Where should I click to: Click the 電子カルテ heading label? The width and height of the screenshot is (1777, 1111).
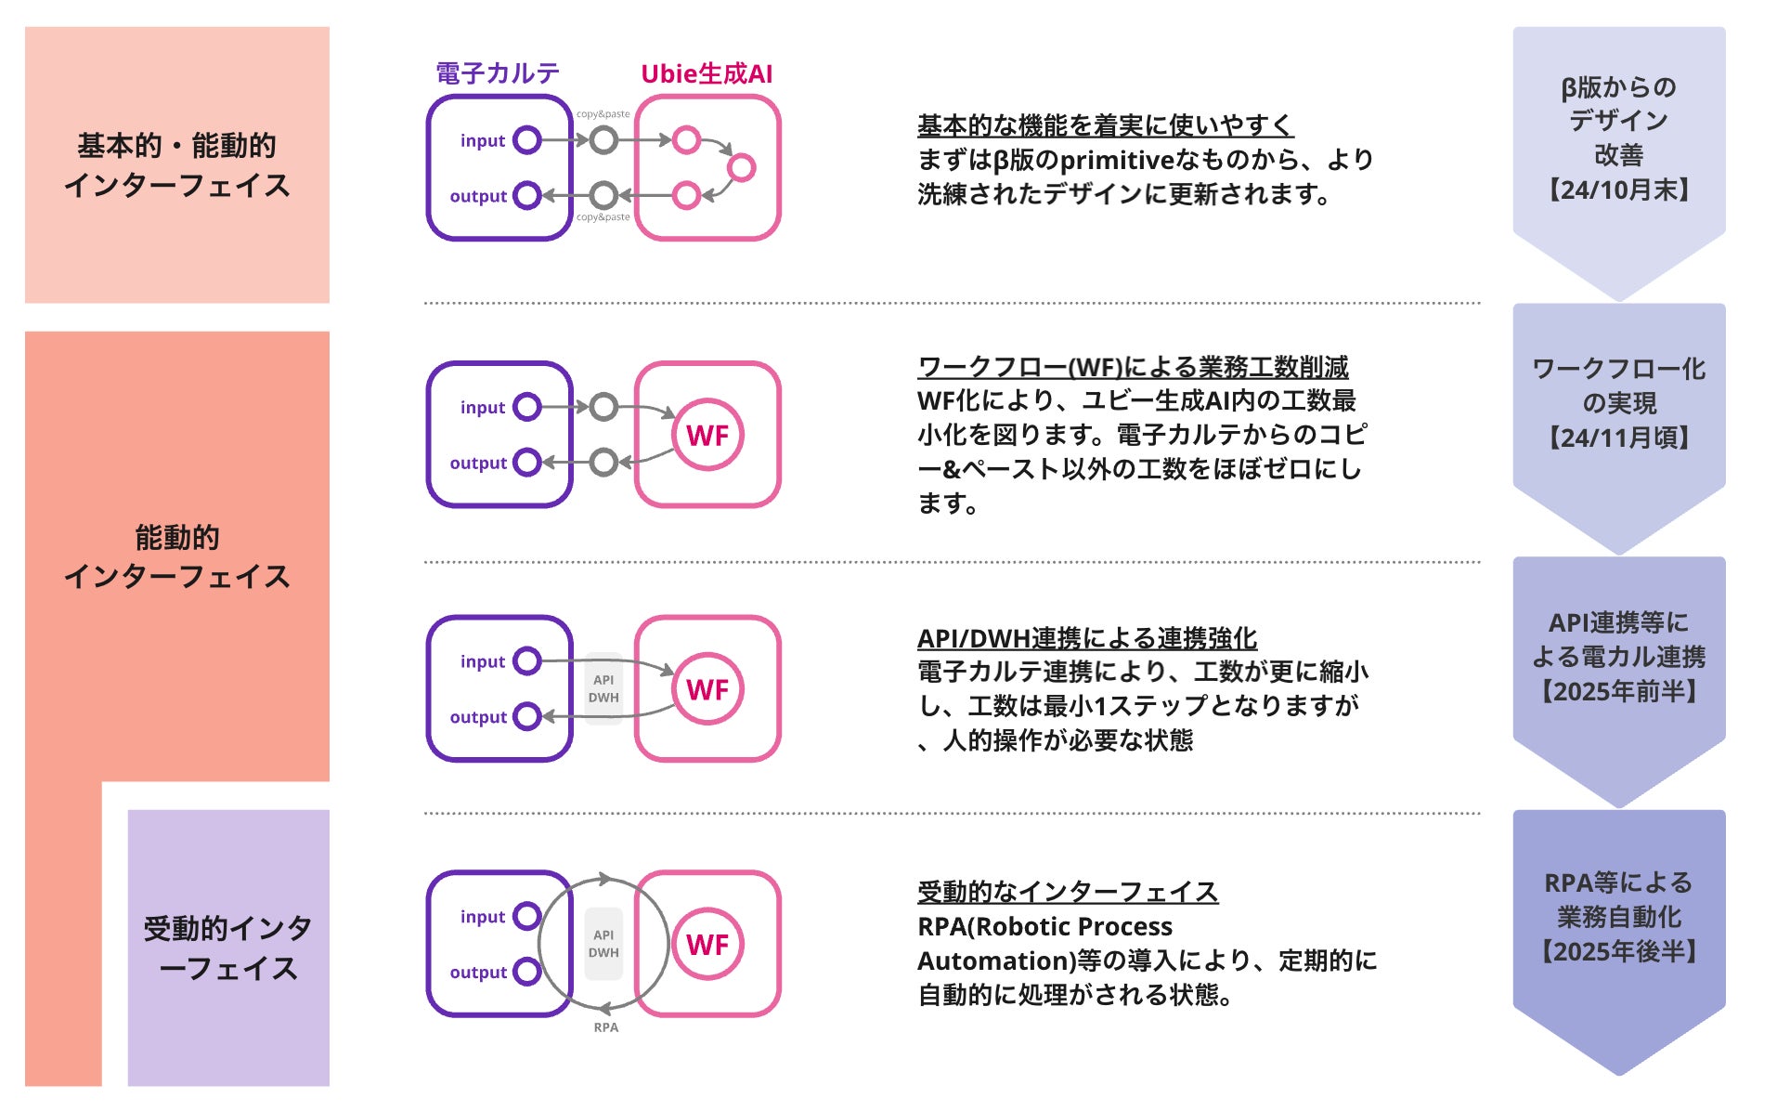pos(498,73)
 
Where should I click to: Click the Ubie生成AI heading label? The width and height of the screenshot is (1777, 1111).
pos(707,74)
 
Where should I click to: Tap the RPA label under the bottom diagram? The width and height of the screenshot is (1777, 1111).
pos(605,1027)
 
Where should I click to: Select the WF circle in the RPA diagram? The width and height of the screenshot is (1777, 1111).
pos(707,945)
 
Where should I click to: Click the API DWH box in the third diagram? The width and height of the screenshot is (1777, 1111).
pos(603,689)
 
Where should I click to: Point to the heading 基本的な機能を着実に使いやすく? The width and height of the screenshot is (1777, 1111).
pos(1105,125)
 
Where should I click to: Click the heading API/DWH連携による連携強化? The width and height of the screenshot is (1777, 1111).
pos(1086,638)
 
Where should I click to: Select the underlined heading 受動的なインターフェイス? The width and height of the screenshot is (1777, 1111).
pos(1067,892)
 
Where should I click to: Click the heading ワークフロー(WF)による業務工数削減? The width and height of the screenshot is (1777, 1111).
pos(1133,367)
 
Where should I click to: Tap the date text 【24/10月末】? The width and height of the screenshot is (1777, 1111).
pos(1618,190)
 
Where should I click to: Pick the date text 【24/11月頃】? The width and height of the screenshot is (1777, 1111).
pos(1618,438)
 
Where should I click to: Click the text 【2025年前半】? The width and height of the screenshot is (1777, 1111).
pos(1618,691)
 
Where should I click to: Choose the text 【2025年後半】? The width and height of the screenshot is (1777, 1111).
pos(1618,951)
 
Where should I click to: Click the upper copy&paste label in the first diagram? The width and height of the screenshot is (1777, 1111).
pos(603,114)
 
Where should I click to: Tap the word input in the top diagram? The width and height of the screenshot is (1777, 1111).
pos(483,141)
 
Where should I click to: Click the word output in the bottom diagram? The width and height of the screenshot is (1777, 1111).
pos(478,973)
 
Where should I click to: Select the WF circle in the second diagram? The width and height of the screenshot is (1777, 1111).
pos(707,435)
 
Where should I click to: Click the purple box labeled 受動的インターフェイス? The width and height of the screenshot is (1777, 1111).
pos(228,948)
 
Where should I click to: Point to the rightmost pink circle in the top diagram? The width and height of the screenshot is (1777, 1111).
pos(741,168)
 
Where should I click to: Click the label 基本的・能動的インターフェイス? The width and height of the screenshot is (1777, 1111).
pos(176,165)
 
